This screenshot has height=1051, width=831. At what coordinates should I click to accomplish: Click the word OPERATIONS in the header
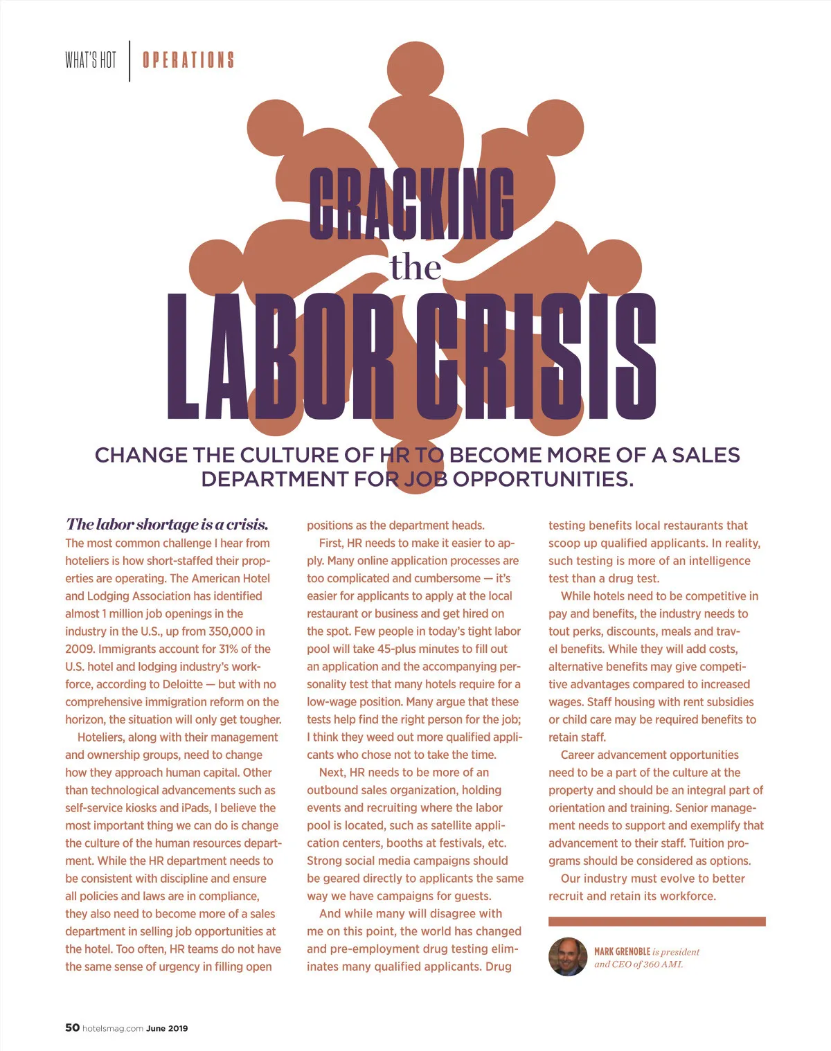pyautogui.click(x=188, y=60)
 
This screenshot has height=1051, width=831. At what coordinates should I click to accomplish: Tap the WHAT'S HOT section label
pyautogui.click(x=91, y=60)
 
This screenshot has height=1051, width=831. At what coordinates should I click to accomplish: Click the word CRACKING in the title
pyautogui.click(x=411, y=205)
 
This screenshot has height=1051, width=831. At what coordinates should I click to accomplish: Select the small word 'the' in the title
pyautogui.click(x=415, y=267)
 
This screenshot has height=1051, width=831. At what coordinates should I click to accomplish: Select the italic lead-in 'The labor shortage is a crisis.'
pyautogui.click(x=167, y=524)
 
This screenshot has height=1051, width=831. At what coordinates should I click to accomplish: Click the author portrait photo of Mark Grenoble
pyautogui.click(x=568, y=957)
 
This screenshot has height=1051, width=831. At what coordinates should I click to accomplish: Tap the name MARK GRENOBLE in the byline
pyautogui.click(x=622, y=952)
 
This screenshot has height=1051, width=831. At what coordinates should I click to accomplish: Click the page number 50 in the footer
pyautogui.click(x=72, y=1027)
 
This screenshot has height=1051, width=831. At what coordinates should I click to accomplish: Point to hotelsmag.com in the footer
pyautogui.click(x=113, y=1028)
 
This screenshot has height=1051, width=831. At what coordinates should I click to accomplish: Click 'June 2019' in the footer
pyautogui.click(x=167, y=1028)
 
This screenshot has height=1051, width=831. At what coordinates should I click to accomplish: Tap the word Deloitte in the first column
pyautogui.click(x=182, y=684)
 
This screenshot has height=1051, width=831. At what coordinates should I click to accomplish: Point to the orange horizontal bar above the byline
pyautogui.click(x=656, y=922)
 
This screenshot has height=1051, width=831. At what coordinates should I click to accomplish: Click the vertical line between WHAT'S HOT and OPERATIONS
pyautogui.click(x=129, y=61)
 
